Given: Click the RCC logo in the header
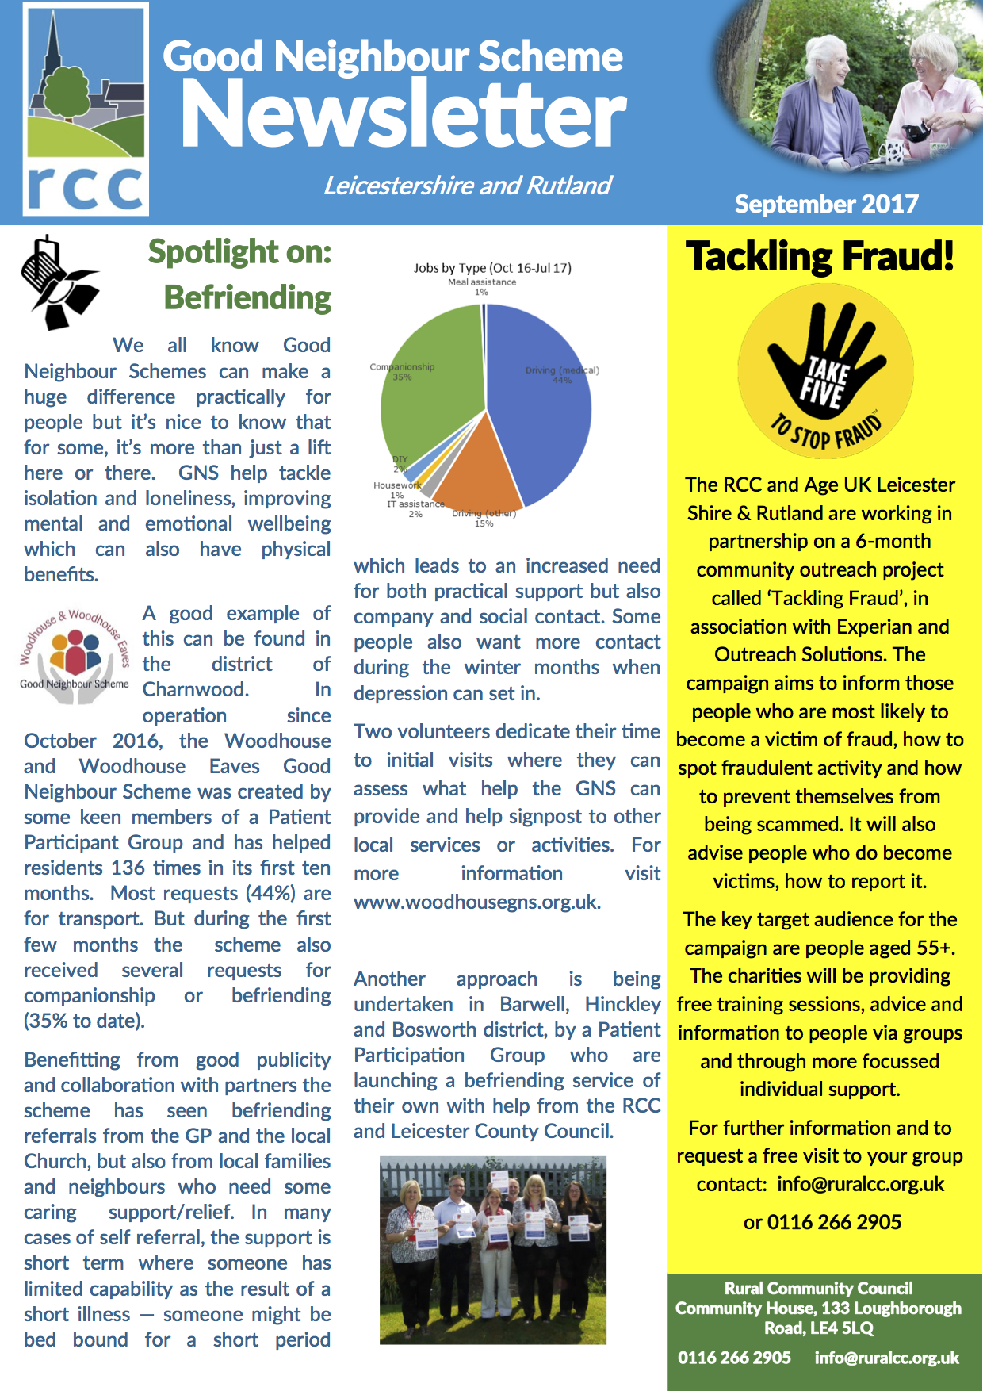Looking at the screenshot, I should [86, 109].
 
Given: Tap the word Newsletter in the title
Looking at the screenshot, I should [404, 115].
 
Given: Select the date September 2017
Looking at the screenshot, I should [826, 205].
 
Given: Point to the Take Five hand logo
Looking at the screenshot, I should [825, 372].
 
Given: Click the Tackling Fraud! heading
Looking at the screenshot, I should [820, 257].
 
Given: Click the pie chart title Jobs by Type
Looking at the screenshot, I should [491, 268].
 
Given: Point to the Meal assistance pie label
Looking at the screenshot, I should [482, 282].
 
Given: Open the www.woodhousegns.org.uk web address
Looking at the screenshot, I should [476, 902].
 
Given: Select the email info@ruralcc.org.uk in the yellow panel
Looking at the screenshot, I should [860, 1185].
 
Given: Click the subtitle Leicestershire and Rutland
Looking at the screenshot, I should [467, 186].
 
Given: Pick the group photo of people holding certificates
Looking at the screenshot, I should [492, 1250].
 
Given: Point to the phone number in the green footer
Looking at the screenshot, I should [734, 1358].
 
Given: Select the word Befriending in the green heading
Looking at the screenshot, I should [247, 298].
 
